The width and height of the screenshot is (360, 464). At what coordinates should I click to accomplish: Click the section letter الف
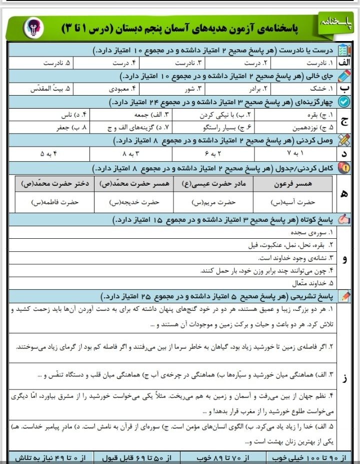coord(345,64)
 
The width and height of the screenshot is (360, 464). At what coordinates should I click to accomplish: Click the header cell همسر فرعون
coord(293,184)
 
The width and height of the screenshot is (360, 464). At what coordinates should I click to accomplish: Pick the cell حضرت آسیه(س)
coord(293,203)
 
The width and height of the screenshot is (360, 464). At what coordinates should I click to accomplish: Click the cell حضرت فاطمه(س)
coord(55,203)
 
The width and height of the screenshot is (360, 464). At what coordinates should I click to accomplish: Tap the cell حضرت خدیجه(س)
coord(134,203)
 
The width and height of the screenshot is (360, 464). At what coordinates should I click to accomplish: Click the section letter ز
coord(344,378)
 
